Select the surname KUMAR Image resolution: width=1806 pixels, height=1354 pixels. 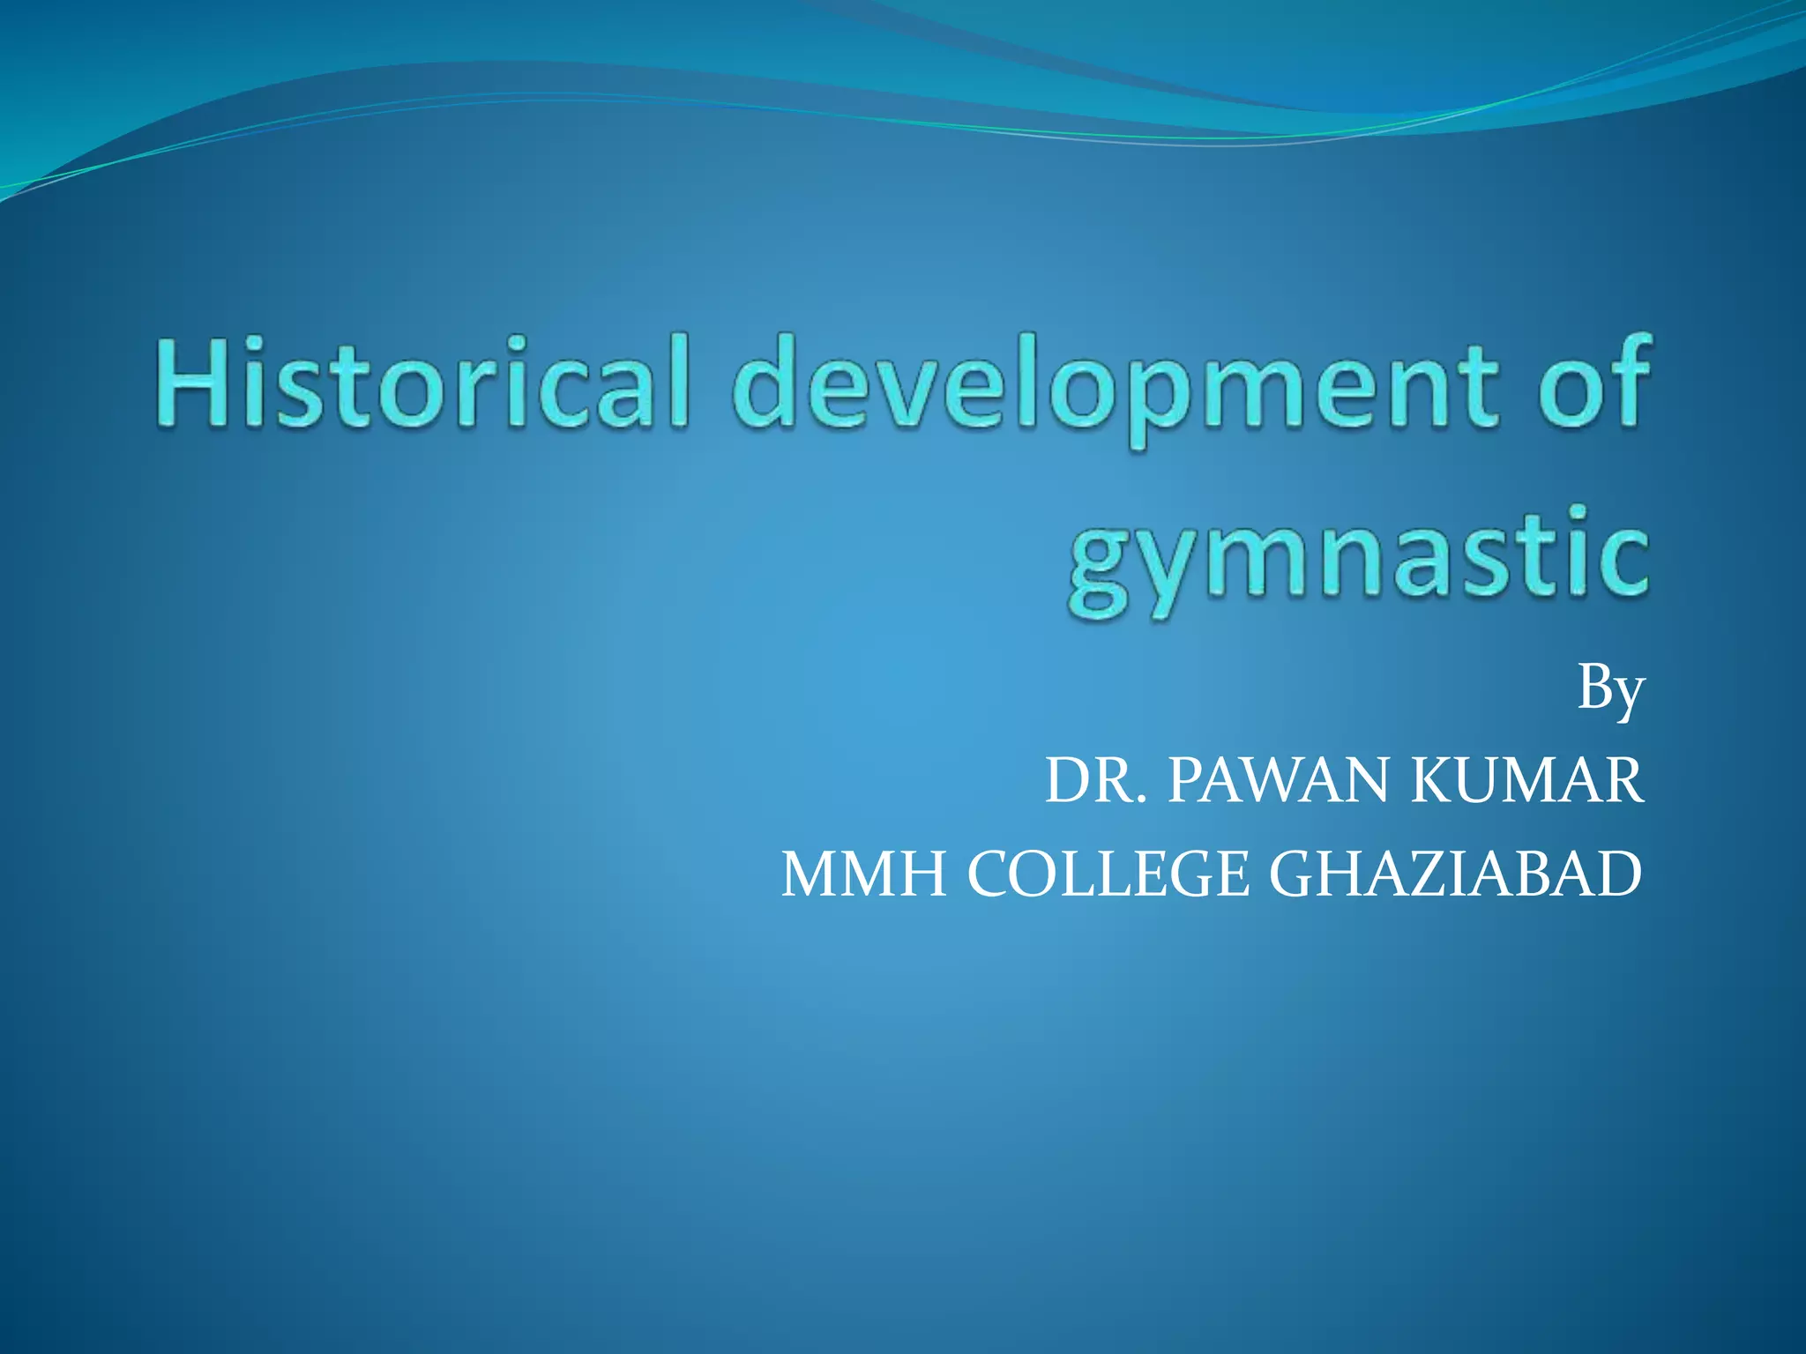coord(1526,781)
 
